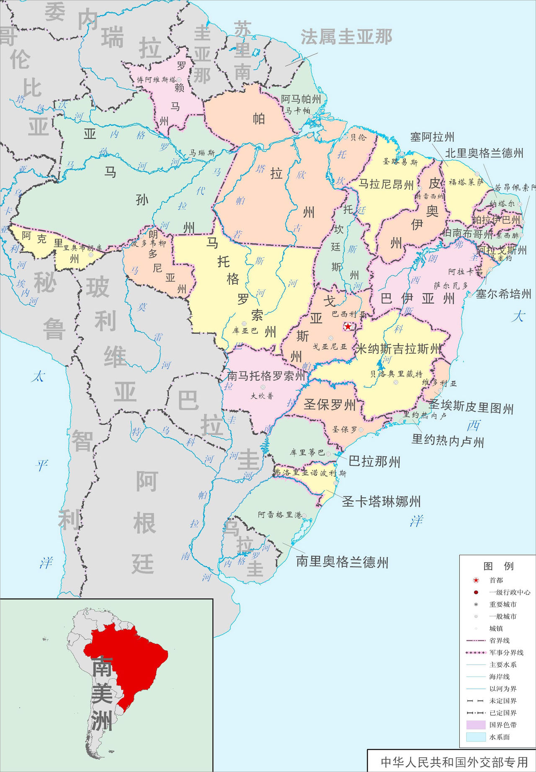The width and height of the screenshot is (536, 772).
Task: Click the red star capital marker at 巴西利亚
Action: [348, 326]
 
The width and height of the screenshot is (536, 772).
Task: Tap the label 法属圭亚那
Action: [346, 37]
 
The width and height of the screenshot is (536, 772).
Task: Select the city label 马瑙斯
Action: [202, 153]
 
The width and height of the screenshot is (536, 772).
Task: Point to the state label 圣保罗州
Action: [330, 404]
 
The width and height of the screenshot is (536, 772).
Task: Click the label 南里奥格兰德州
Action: [342, 562]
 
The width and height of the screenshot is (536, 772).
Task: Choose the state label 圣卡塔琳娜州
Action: [381, 501]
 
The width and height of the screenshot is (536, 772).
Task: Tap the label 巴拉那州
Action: [374, 462]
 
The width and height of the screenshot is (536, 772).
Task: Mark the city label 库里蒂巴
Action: [307, 453]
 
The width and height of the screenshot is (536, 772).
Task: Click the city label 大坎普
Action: [262, 395]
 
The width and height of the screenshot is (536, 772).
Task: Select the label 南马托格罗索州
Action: [266, 376]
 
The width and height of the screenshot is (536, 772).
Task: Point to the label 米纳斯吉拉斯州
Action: [398, 349]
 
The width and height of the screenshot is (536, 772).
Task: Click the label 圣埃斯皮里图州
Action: [471, 406]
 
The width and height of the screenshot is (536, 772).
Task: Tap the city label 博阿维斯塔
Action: [157, 80]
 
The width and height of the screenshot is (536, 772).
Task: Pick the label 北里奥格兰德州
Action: [484, 153]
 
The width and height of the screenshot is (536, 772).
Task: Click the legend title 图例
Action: [498, 566]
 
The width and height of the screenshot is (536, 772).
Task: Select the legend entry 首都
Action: [496, 580]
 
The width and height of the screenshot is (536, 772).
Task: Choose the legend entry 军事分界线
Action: [506, 653]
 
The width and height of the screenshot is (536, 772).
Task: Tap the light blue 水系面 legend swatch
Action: [476, 737]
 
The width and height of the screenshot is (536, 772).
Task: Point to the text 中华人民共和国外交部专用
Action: [454, 762]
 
